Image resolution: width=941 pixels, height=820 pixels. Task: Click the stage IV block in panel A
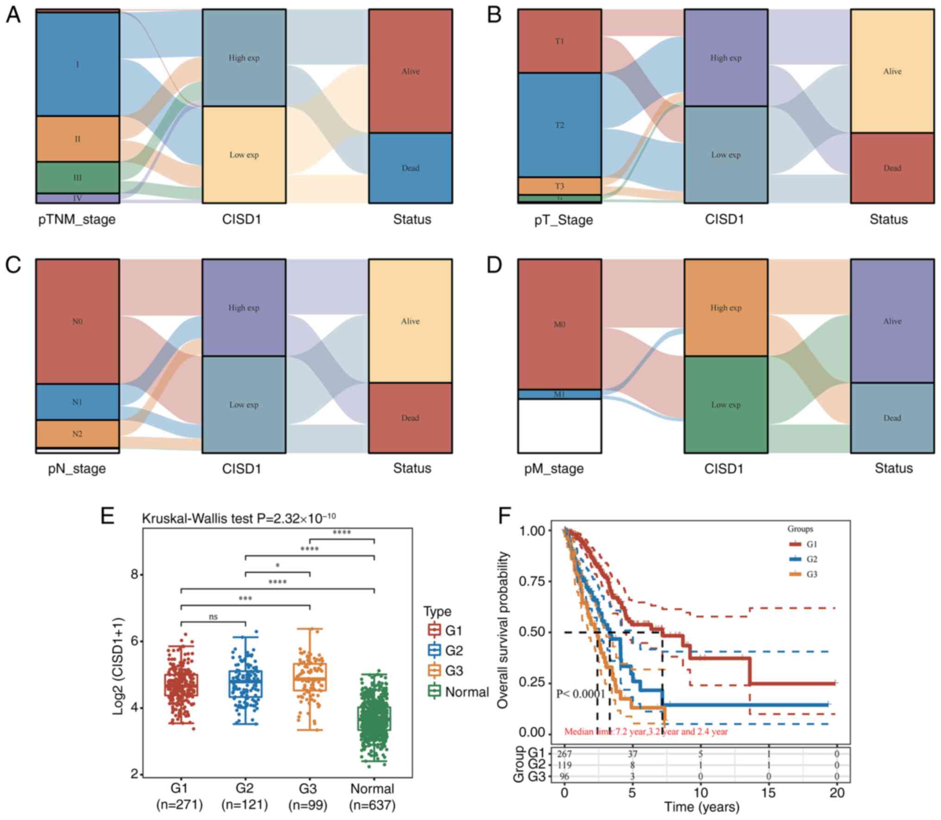coord(77,198)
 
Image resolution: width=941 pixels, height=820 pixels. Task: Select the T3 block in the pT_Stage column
coord(559,186)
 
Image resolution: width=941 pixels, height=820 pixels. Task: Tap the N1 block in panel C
coord(77,402)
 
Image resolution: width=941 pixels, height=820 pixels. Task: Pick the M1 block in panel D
coord(559,394)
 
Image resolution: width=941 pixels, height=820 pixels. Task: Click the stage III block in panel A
coord(77,177)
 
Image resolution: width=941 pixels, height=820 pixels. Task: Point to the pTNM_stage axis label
coord(77,219)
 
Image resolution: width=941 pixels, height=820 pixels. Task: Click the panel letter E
coord(107,516)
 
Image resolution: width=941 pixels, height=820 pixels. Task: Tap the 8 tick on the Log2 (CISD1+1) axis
coord(135,575)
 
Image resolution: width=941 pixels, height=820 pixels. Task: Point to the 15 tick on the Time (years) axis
coord(768,793)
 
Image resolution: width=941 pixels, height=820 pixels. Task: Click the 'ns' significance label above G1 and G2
coord(213,617)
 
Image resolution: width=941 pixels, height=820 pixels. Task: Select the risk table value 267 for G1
coord(565,754)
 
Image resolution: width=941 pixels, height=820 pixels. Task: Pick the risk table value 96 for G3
coord(565,776)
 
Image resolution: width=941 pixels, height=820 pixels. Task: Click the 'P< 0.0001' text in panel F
coord(581,694)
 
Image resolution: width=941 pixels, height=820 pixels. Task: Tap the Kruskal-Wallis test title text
coord(238,518)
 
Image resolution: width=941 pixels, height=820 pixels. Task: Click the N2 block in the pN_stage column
coord(77,434)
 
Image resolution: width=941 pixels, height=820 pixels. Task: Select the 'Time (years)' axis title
coord(702,807)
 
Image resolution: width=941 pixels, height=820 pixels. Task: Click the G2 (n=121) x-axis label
coord(245,796)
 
